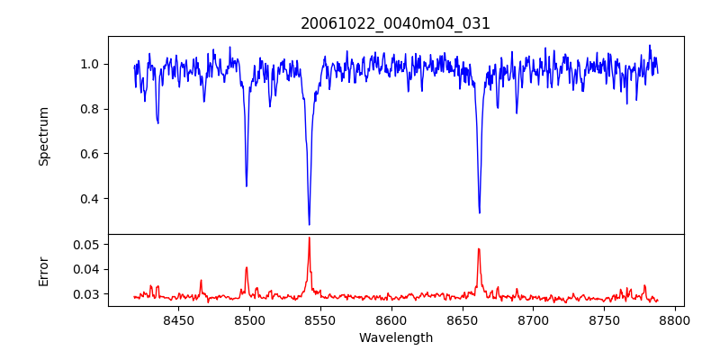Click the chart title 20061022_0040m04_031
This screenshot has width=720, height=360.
coord(395,23)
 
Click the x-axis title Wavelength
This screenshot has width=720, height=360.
coord(395,338)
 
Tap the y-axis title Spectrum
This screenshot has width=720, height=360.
coord(44,136)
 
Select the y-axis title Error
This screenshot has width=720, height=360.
coord(44,270)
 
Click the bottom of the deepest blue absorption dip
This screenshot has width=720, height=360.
coord(309,224)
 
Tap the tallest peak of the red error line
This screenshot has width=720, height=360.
coord(309,238)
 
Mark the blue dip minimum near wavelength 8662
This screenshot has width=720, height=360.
coord(479,212)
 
